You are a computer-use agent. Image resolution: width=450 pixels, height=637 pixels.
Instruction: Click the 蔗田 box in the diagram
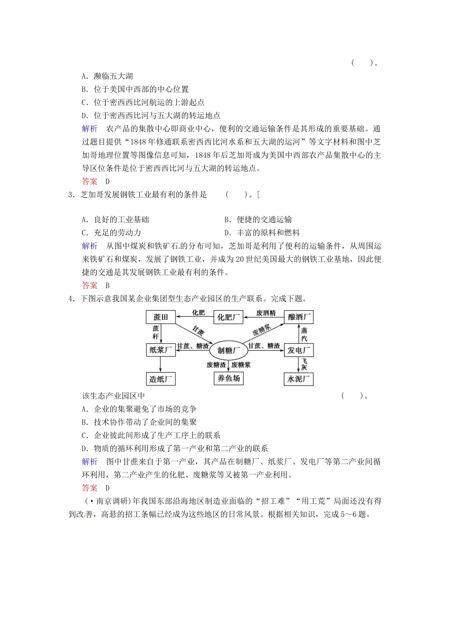click(161, 317)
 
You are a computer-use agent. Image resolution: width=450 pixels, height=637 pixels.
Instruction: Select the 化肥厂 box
click(228, 317)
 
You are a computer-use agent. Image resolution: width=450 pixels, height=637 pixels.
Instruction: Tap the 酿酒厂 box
click(299, 317)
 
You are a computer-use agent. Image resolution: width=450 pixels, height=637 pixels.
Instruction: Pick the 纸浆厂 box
click(161, 350)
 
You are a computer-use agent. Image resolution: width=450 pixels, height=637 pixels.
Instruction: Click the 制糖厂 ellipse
click(229, 350)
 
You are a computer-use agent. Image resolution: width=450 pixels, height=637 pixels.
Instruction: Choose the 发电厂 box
click(299, 350)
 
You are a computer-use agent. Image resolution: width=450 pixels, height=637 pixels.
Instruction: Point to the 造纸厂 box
click(161, 379)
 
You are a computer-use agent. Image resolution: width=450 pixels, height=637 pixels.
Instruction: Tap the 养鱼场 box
click(229, 378)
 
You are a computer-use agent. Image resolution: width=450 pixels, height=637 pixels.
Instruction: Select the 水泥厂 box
click(299, 379)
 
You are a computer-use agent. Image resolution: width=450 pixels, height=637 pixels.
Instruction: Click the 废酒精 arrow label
click(266, 313)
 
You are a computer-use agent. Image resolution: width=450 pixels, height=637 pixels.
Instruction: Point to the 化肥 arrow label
click(198, 313)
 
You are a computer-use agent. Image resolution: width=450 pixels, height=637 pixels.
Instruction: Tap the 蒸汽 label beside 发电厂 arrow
click(304, 334)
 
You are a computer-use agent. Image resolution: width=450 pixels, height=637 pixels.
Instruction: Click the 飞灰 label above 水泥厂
click(304, 364)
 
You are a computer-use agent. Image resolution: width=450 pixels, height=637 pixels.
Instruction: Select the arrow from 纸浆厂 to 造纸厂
click(161, 364)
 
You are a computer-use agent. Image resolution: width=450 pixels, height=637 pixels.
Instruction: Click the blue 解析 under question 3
click(90, 246)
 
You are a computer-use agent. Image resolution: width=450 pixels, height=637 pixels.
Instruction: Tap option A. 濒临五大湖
click(108, 76)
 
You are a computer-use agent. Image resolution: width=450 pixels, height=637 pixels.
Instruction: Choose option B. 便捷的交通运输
click(258, 219)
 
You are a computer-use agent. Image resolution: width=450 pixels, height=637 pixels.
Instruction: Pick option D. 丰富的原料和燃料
click(262, 233)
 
